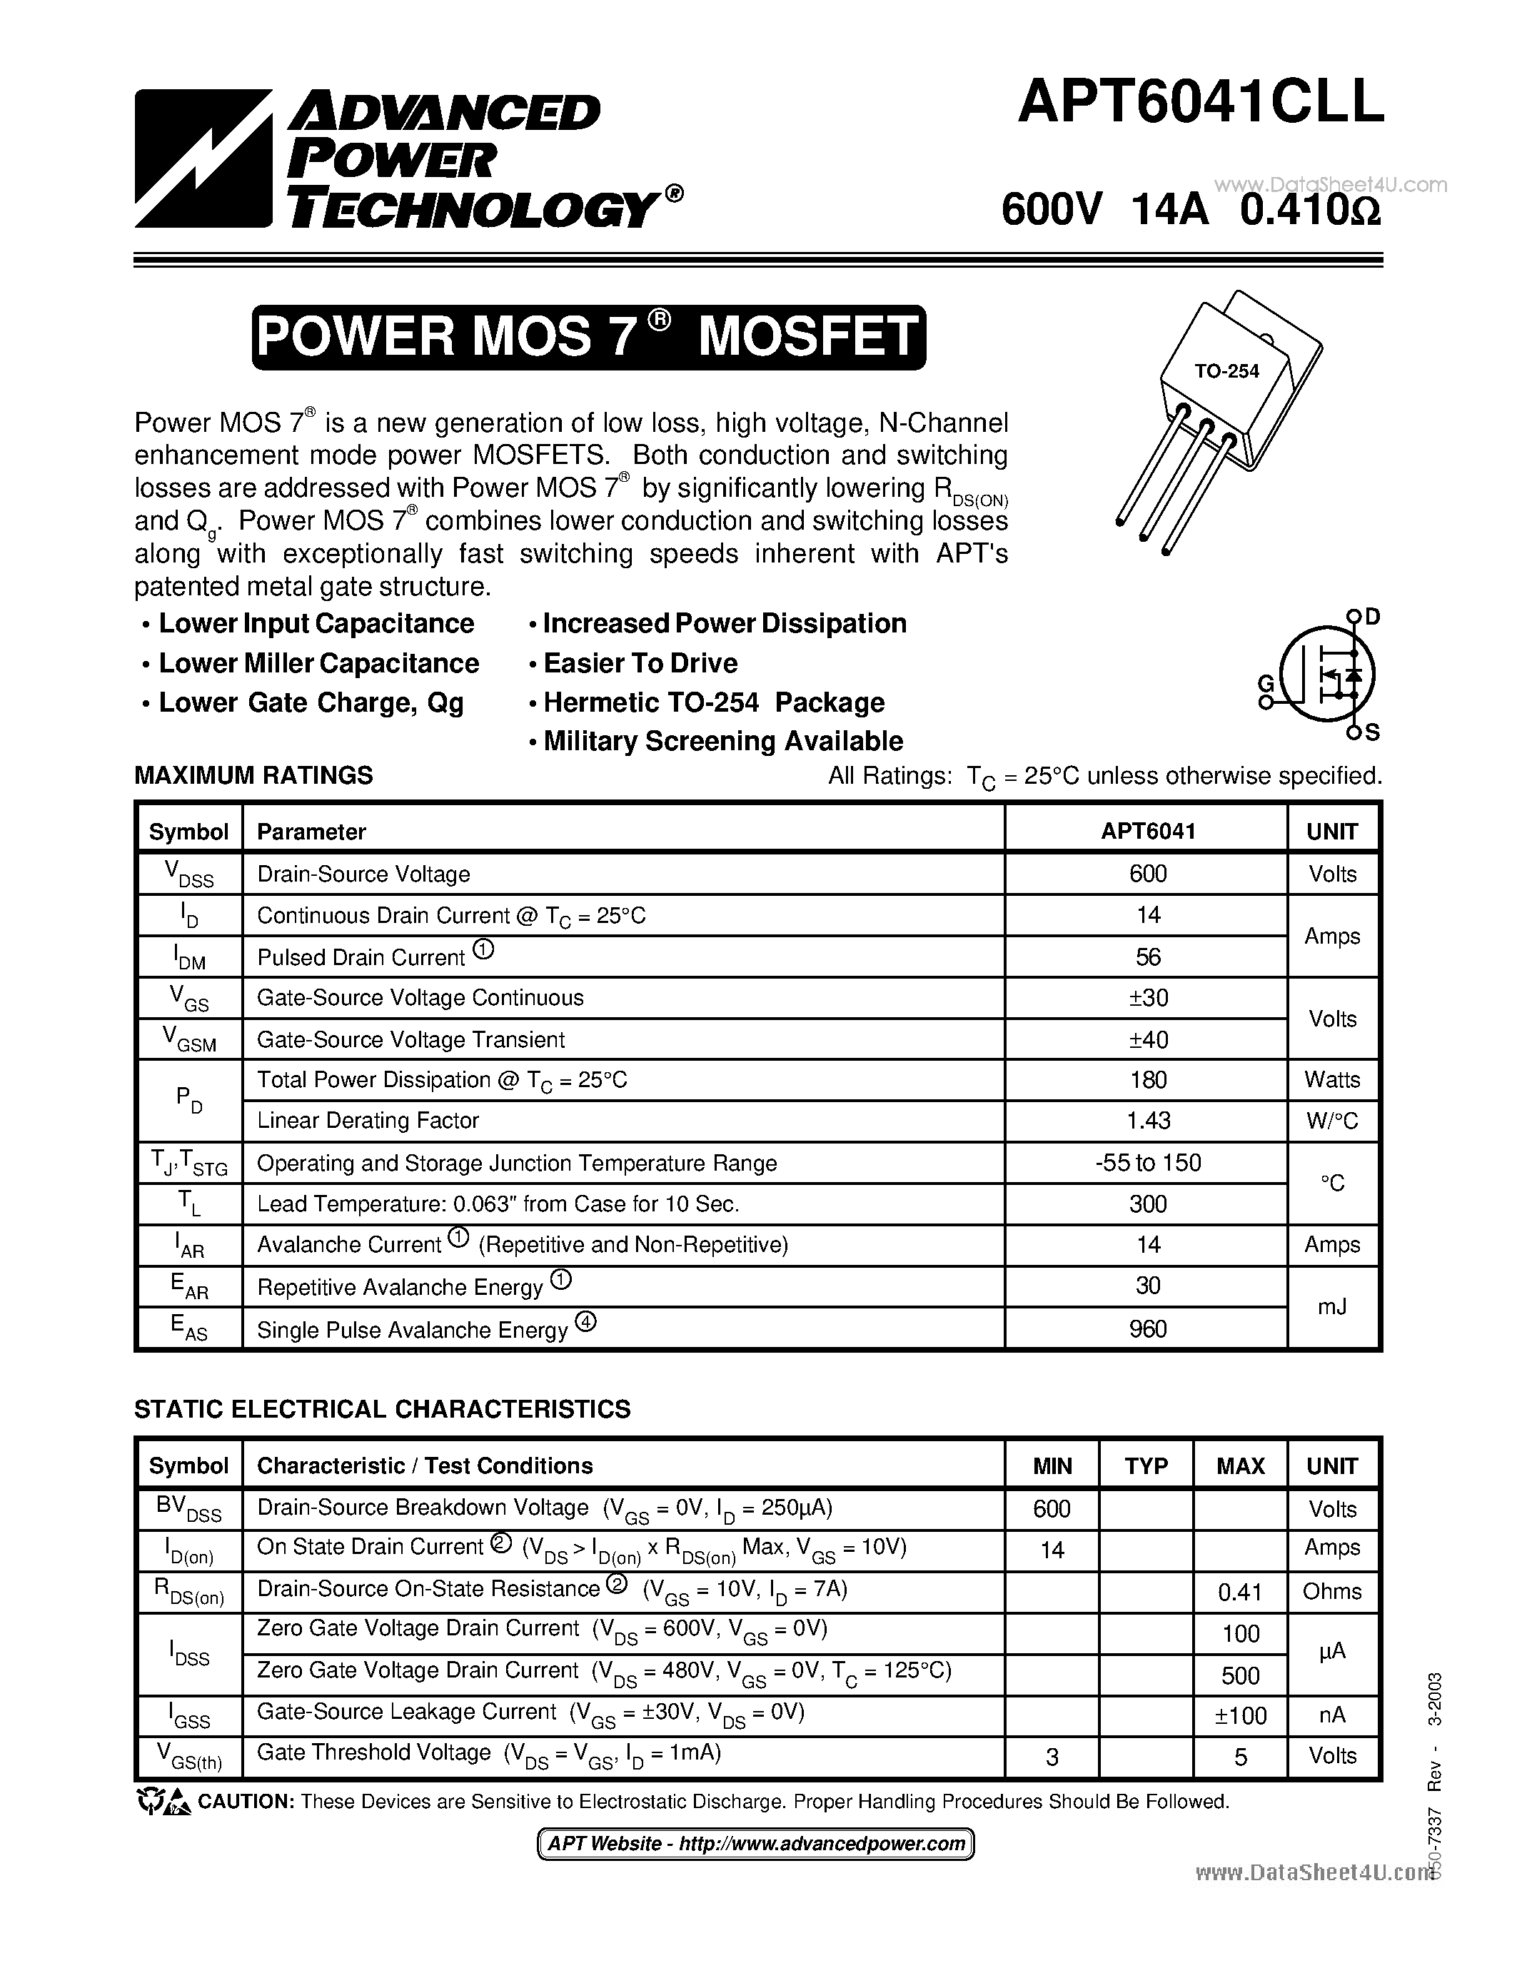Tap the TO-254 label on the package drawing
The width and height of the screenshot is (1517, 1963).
pyautogui.click(x=1226, y=370)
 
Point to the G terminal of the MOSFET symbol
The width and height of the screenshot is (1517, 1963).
pyautogui.click(x=1266, y=684)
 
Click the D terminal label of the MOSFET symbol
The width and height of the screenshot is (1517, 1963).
pyautogui.click(x=1372, y=617)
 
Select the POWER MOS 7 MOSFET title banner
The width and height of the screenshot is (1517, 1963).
pyautogui.click(x=589, y=337)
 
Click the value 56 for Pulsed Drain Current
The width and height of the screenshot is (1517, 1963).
pyautogui.click(x=1148, y=957)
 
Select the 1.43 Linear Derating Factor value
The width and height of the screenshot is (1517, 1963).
pyautogui.click(x=1148, y=1121)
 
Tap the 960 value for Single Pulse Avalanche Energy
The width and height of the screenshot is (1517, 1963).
pyautogui.click(x=1148, y=1328)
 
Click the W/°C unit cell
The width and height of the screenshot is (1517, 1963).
pyautogui.click(x=1332, y=1121)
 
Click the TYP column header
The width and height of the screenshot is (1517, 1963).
pyautogui.click(x=1146, y=1466)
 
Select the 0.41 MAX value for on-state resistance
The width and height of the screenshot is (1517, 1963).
pyautogui.click(x=1240, y=1592)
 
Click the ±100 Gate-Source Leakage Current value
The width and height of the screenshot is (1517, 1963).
pyautogui.click(x=1240, y=1716)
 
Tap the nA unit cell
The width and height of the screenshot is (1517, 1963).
pyautogui.click(x=1332, y=1715)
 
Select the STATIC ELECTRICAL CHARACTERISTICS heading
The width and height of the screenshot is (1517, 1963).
pyautogui.click(x=382, y=1408)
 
